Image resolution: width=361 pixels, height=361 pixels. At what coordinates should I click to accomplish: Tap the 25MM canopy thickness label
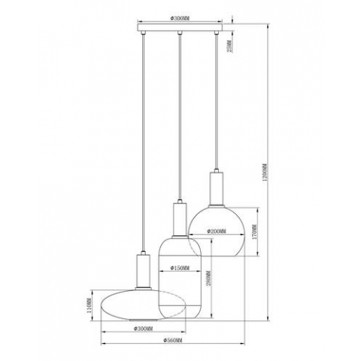point(230,47)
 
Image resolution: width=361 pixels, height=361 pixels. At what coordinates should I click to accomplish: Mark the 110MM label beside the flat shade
point(89,306)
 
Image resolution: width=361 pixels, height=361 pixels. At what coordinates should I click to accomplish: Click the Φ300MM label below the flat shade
point(142,329)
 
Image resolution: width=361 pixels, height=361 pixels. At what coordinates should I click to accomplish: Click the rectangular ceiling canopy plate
point(180,31)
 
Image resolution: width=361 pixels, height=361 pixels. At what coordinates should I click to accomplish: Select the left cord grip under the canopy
point(143,36)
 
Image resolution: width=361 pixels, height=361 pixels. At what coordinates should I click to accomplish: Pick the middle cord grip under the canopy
point(180,36)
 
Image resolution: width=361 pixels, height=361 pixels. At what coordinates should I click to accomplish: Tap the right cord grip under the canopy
point(217,36)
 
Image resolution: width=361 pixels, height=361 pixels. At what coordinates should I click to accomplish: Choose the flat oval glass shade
point(128,305)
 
